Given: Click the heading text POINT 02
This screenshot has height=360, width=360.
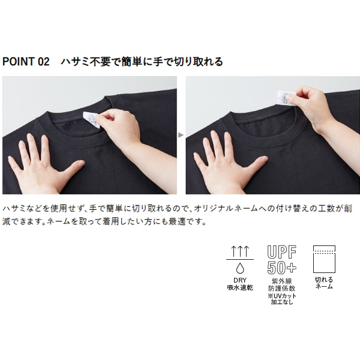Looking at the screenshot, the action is click(x=26, y=62).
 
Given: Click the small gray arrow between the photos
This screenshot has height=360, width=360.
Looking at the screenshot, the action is click(x=181, y=135).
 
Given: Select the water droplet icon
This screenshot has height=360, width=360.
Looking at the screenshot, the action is click(x=240, y=268).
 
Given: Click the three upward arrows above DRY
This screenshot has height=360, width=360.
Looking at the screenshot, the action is click(x=240, y=251).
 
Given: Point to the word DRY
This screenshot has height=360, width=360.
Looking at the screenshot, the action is click(x=240, y=280).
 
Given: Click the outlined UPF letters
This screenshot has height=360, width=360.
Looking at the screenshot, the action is click(x=282, y=252).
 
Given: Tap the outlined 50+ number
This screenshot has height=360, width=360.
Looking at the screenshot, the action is click(x=282, y=267).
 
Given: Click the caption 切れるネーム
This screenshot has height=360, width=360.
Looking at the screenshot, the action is click(x=324, y=283).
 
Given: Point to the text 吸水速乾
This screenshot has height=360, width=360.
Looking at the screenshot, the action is click(x=240, y=287).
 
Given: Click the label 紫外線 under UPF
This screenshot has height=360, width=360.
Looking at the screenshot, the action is click(x=282, y=281).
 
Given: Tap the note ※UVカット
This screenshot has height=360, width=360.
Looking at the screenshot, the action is click(x=282, y=296).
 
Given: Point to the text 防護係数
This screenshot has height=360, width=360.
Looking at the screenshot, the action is click(x=282, y=289).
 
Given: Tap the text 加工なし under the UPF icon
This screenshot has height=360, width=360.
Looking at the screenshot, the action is click(x=282, y=302).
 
